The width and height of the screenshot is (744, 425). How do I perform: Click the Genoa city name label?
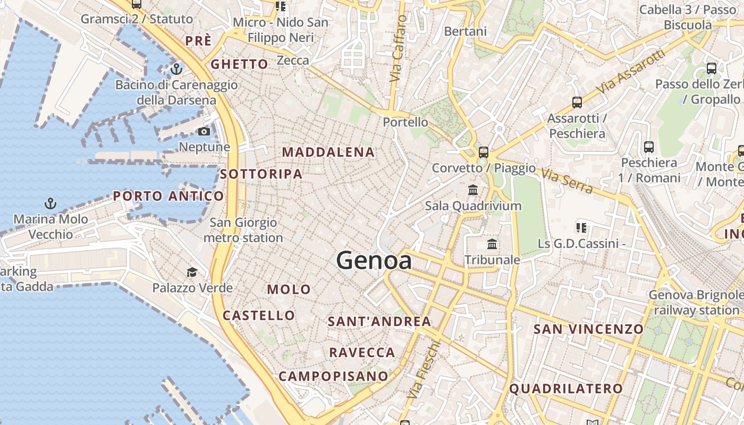(x=374, y=260)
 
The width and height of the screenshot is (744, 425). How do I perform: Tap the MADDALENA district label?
(x=328, y=152)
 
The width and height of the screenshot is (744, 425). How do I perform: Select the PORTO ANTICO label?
(x=168, y=196)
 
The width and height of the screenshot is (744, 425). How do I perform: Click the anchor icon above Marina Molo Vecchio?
(x=50, y=203)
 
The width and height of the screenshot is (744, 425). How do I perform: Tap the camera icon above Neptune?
(x=204, y=131)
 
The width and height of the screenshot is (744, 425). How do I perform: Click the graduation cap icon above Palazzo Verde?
(x=192, y=273)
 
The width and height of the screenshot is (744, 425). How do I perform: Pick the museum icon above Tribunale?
(x=492, y=244)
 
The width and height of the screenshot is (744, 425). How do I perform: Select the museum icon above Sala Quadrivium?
(x=473, y=190)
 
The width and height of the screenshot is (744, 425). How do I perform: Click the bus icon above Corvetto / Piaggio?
(x=483, y=152)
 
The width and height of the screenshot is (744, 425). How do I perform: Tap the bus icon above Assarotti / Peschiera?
(x=577, y=103)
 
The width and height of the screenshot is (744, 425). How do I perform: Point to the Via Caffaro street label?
(x=398, y=49)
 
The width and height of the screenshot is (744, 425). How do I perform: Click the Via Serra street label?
(x=567, y=181)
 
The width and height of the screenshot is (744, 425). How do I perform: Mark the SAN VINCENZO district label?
(x=588, y=329)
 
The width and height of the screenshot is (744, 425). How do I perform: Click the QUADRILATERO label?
(x=566, y=388)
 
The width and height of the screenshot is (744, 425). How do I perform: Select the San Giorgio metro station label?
(x=243, y=230)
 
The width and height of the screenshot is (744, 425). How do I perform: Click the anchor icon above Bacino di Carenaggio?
(x=176, y=69)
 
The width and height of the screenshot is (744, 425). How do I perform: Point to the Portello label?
(x=405, y=122)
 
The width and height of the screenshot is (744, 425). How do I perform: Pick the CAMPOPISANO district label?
(x=333, y=376)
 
